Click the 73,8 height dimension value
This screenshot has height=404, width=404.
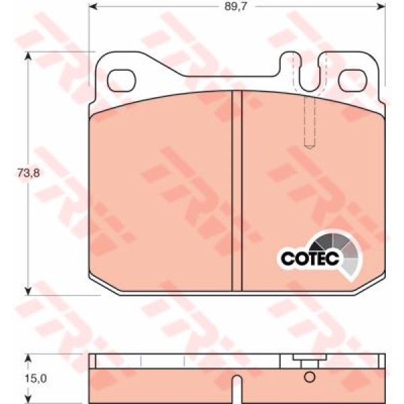(x=28, y=173)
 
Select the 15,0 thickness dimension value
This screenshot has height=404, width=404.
(x=36, y=378)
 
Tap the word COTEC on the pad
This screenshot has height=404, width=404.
(x=310, y=258)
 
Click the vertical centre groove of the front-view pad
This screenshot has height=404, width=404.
(x=237, y=191)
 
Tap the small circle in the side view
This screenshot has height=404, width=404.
(x=310, y=377)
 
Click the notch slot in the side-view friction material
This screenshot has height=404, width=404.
(x=237, y=389)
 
